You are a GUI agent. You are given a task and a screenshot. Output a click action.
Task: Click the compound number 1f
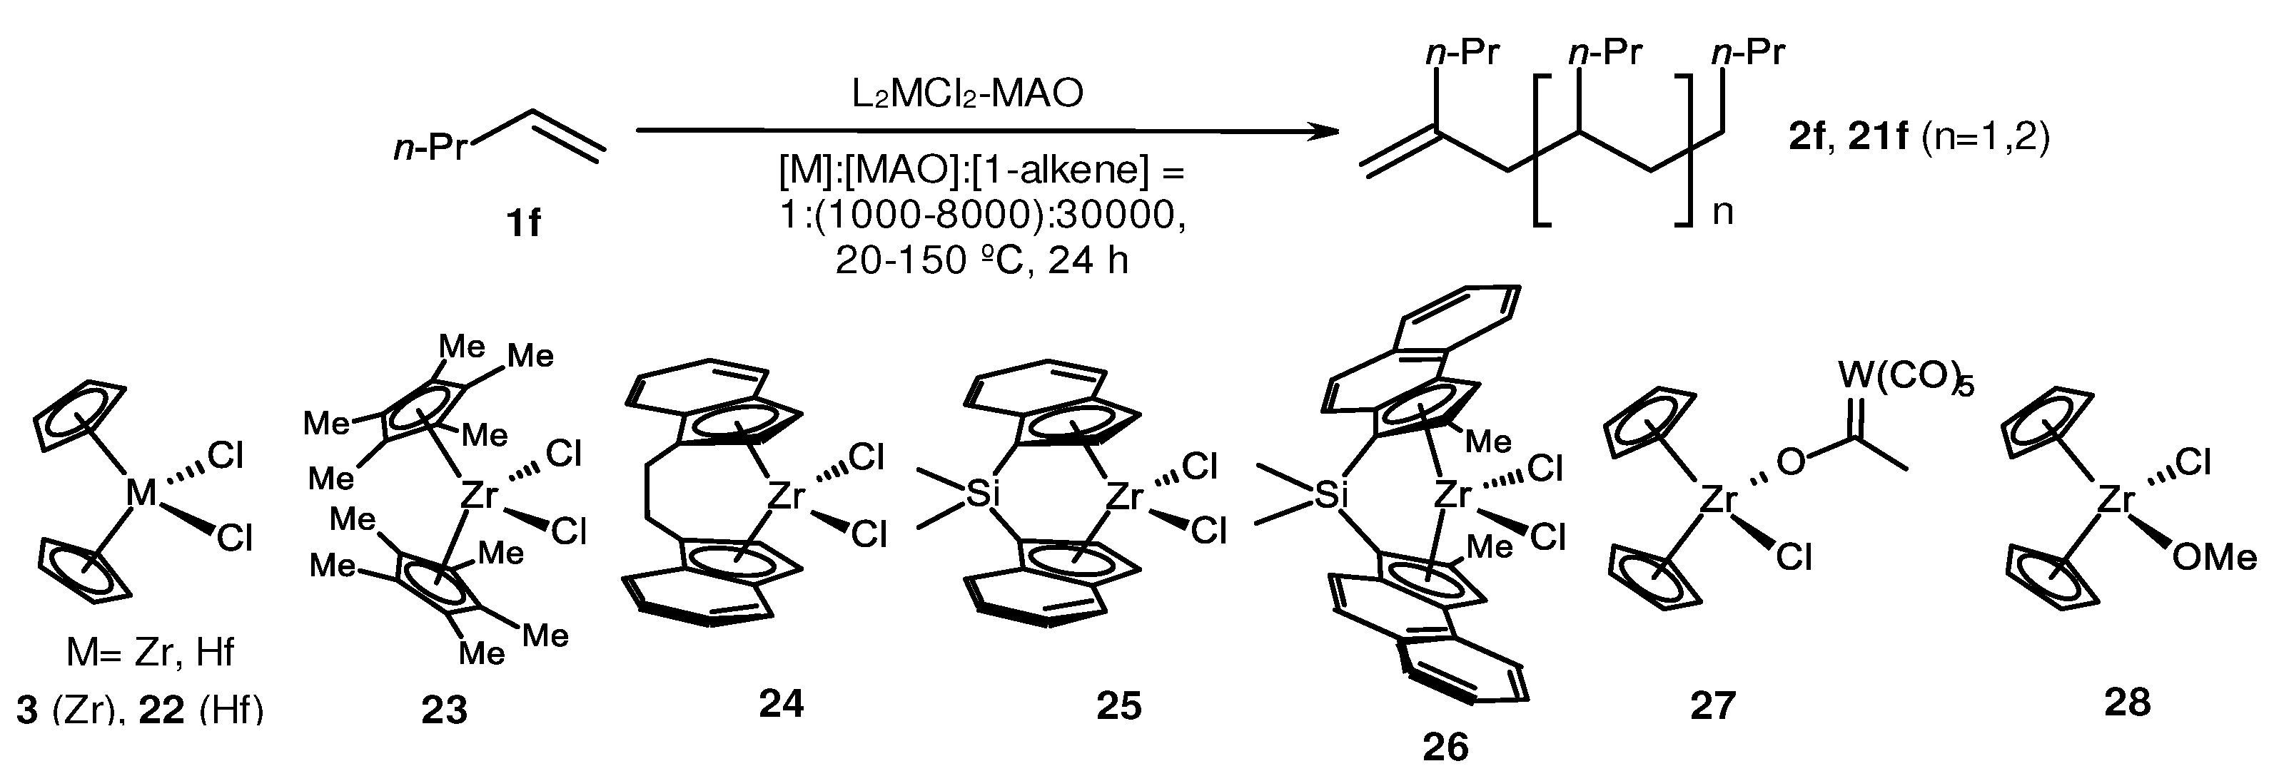click(x=523, y=223)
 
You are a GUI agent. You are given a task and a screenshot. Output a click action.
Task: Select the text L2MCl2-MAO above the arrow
click(x=967, y=93)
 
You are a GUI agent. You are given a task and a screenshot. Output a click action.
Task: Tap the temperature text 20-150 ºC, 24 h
click(x=982, y=262)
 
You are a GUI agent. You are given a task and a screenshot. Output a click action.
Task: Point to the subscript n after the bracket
click(x=1722, y=213)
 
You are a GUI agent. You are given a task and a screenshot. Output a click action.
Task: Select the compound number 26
click(x=1445, y=747)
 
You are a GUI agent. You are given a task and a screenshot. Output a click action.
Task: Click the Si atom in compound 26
click(x=1326, y=497)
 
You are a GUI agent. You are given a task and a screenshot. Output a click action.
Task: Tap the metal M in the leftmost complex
click(x=141, y=493)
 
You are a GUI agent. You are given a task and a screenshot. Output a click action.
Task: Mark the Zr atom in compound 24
click(x=786, y=496)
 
